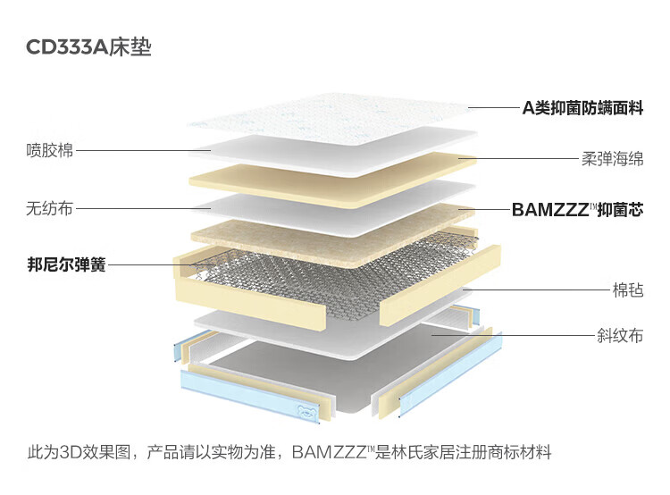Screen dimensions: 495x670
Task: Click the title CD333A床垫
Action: (88, 46)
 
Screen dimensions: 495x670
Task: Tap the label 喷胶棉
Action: (49, 150)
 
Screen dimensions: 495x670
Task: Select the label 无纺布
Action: (49, 209)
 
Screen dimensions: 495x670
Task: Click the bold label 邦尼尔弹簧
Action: (66, 264)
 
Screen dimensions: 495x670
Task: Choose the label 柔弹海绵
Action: (611, 159)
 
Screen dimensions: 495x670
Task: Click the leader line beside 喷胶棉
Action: (143, 151)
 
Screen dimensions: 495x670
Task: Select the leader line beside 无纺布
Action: (143, 209)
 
